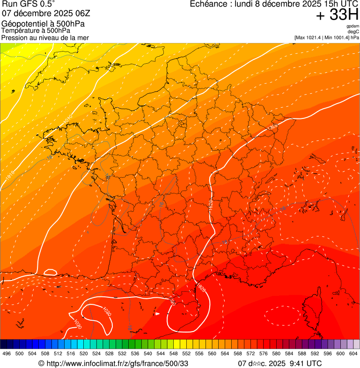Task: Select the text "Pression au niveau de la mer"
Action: [45, 37]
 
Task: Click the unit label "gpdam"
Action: [352, 26]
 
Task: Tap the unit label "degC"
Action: [353, 31]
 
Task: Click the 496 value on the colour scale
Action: [7, 354]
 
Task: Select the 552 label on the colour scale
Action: [186, 354]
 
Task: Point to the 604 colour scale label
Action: [353, 354]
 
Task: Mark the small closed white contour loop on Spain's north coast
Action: [50, 272]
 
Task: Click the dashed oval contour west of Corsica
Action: [282, 316]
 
